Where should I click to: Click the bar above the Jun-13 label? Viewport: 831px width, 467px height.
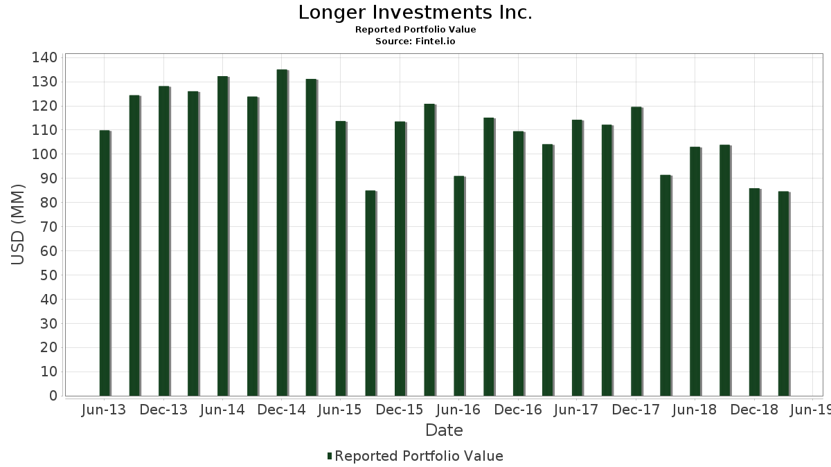(x=105, y=263)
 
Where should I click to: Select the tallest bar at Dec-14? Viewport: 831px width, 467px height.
(x=282, y=232)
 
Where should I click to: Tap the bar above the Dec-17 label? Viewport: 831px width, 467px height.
(x=636, y=251)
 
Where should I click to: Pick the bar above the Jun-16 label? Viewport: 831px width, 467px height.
(x=459, y=286)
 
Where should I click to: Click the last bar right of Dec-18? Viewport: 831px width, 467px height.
(x=783, y=293)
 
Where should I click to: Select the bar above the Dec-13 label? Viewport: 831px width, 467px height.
(x=163, y=241)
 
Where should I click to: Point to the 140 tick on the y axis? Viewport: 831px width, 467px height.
(x=44, y=57)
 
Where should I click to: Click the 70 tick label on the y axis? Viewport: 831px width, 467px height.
(x=48, y=227)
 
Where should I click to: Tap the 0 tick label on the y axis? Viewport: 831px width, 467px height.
(x=53, y=396)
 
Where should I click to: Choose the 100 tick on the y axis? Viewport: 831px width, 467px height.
(x=44, y=154)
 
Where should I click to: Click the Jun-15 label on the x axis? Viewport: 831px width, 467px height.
(x=339, y=410)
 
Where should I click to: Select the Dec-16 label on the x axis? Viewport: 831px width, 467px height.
(x=518, y=410)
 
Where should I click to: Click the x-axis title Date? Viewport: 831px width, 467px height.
(x=444, y=430)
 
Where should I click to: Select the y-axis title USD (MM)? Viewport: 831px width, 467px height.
(x=19, y=225)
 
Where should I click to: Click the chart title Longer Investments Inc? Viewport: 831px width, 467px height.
(x=415, y=12)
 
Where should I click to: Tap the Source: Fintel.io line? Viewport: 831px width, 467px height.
(x=415, y=42)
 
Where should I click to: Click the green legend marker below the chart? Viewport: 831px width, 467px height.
(x=330, y=456)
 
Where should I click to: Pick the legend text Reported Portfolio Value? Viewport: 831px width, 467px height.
(x=419, y=456)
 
